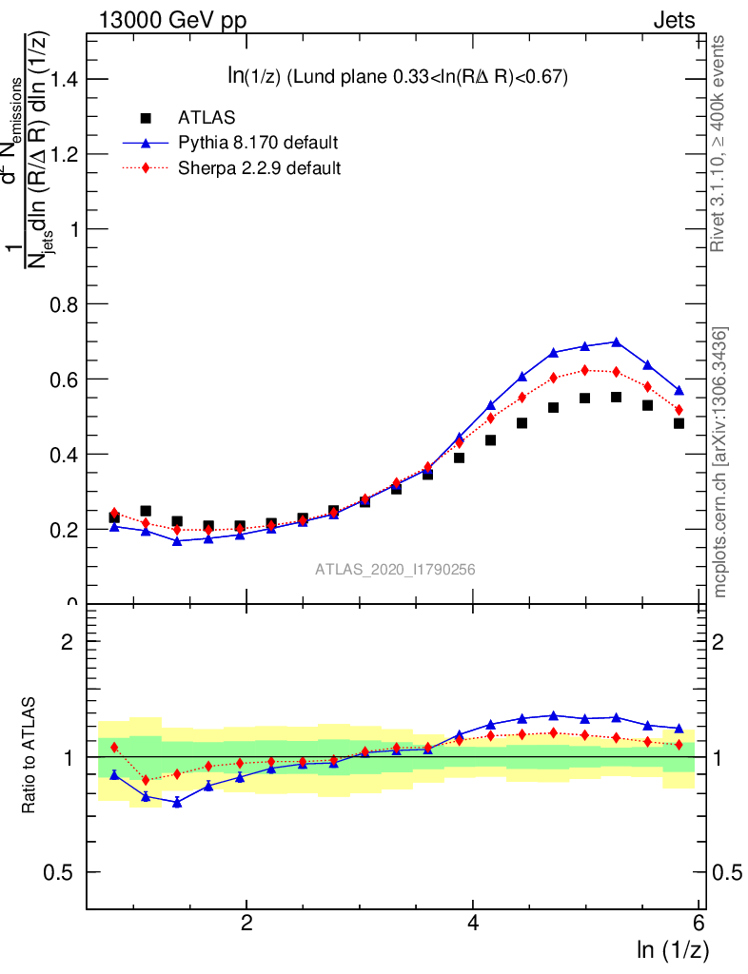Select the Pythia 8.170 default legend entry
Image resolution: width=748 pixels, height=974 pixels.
click(258, 144)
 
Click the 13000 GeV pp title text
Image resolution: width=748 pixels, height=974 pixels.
click(172, 20)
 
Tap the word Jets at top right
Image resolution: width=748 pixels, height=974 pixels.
click(673, 20)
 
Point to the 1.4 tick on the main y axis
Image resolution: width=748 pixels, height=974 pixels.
click(63, 79)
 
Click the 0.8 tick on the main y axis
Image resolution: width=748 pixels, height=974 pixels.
click(63, 304)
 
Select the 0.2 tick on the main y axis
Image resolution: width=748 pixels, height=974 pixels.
click(63, 529)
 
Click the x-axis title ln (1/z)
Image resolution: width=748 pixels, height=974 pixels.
click(672, 949)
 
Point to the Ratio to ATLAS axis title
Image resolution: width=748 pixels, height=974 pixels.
click(30, 756)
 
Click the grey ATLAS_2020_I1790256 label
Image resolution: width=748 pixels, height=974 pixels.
click(395, 570)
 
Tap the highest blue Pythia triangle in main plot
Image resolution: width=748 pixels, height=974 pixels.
click(616, 341)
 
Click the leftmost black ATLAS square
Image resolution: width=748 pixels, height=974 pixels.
click(114, 517)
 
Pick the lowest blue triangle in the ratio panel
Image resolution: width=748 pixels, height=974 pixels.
click(177, 802)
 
